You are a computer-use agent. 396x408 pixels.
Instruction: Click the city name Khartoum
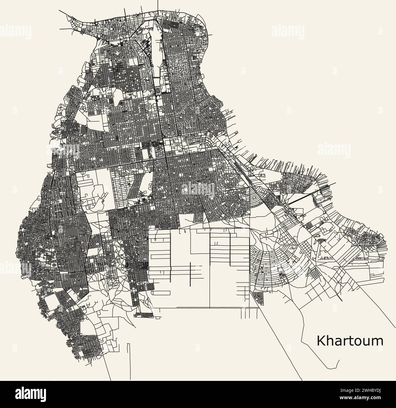[350, 341]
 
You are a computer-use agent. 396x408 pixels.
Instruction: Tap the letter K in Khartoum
[321, 341]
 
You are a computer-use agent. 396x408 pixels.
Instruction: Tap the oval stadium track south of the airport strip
[157, 91]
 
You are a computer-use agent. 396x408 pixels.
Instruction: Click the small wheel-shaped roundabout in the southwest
[54, 265]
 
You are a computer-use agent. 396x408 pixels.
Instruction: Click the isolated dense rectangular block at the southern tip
[144, 315]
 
